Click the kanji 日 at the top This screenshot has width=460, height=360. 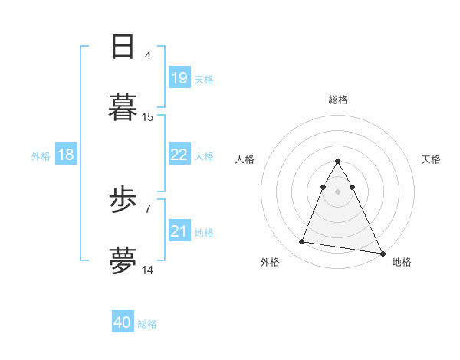coord(123,47)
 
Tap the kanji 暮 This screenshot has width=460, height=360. coord(123,107)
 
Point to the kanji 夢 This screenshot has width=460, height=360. coord(123,260)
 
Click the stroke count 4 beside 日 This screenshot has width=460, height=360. coord(148,56)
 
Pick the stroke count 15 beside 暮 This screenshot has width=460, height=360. coord(148,117)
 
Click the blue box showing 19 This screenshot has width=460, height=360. coord(179,78)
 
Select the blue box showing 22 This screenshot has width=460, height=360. coord(179,155)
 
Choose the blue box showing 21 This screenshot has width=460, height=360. coord(179,231)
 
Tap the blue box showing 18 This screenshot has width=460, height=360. coord(66,155)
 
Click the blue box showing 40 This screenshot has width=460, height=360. coord(123,323)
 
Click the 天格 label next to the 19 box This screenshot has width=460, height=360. coord(204,79)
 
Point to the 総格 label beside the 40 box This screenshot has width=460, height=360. coord(147,324)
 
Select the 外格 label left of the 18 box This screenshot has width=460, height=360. coord(41,155)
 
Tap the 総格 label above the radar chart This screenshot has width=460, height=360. coord(338,100)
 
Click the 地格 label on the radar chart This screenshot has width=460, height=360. coord(402,262)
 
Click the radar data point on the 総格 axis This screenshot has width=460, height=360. coord(338,161)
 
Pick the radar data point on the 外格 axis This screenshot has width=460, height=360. coord(302,242)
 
